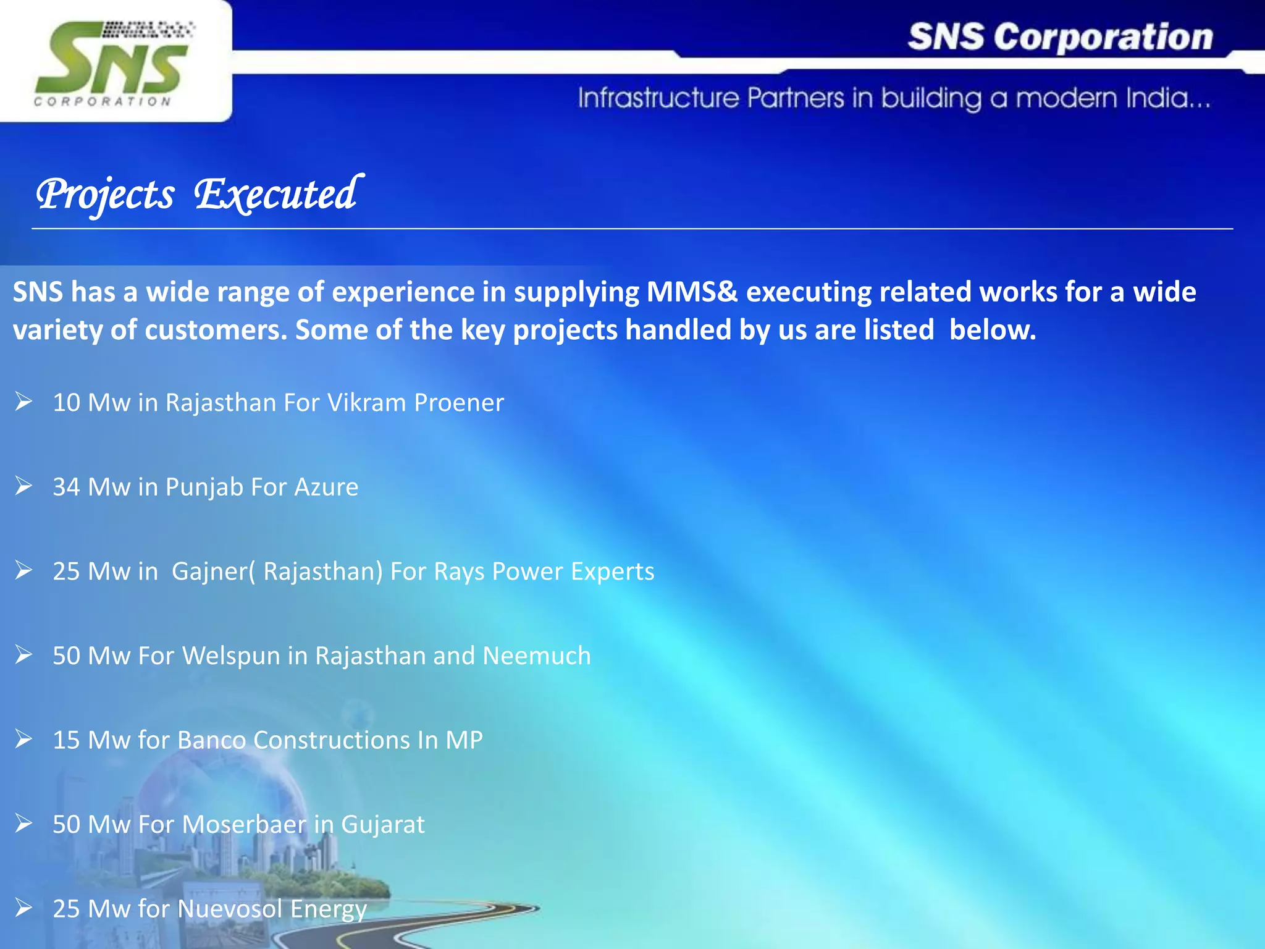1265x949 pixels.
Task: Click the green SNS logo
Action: point(111,62)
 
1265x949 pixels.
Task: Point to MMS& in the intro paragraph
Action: point(692,292)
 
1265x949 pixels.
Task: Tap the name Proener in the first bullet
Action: point(459,403)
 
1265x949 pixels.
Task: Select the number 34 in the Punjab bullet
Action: point(67,487)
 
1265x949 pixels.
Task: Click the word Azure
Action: point(326,487)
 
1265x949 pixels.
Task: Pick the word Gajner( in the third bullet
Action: point(213,572)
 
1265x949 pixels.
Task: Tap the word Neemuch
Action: point(537,656)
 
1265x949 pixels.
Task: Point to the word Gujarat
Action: point(383,825)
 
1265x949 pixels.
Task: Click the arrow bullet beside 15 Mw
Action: point(23,739)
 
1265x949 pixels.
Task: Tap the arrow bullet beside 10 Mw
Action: point(23,402)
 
